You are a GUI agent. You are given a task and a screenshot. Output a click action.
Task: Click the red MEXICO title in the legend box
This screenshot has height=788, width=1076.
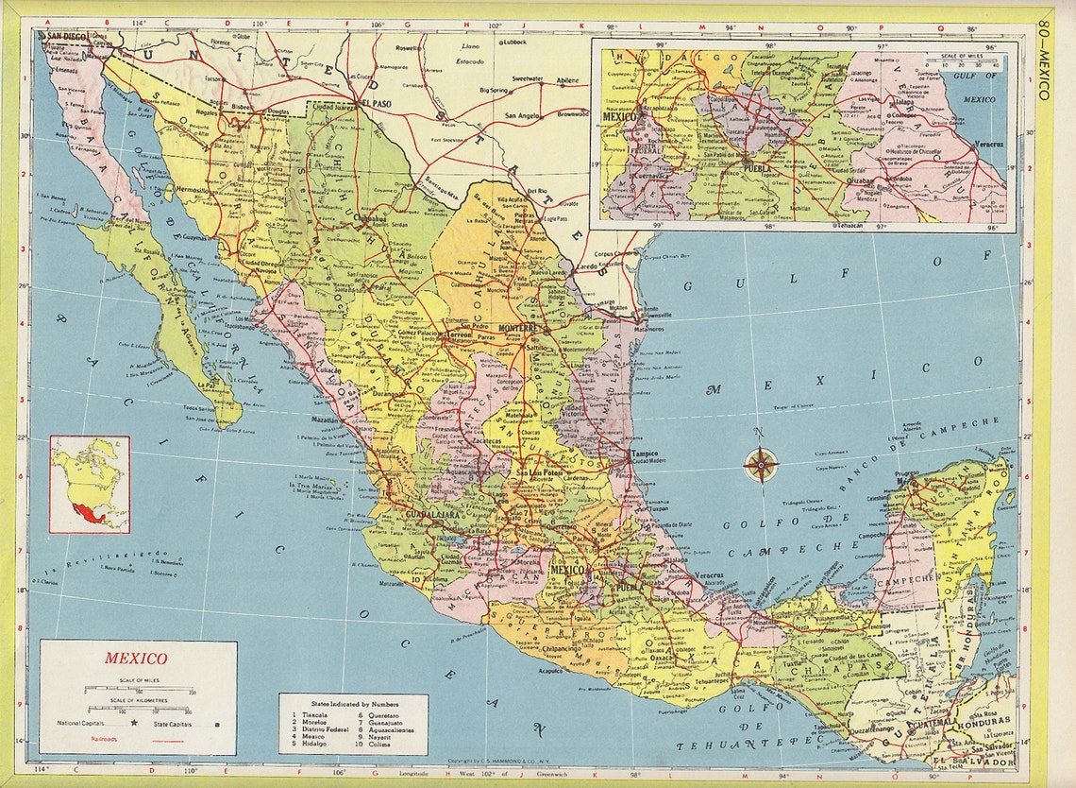click(x=136, y=659)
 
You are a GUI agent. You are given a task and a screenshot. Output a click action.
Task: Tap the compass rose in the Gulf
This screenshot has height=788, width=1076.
click(x=760, y=465)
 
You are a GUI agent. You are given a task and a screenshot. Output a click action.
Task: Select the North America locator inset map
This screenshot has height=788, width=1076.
click(x=90, y=484)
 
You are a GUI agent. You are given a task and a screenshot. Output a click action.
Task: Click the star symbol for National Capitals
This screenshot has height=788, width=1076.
click(x=134, y=724)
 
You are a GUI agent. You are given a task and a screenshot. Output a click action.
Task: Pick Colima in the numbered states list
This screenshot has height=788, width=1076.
click(x=376, y=745)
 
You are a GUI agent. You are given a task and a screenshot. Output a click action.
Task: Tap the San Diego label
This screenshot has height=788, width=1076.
click(x=63, y=37)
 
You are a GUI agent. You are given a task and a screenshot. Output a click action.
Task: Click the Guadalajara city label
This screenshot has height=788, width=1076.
click(x=431, y=515)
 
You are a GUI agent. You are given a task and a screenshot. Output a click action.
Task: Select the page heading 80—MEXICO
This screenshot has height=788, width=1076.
click(x=1044, y=57)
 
